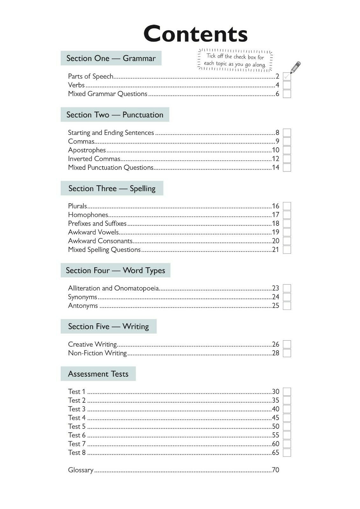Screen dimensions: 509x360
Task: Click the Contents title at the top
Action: (x=195, y=34)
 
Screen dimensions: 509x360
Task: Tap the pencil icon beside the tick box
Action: (x=296, y=67)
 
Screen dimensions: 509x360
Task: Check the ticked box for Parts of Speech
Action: (x=287, y=76)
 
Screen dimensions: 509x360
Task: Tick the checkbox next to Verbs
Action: (x=287, y=85)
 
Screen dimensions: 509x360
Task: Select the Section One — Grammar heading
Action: (x=111, y=58)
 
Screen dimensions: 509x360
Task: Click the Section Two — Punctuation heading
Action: (x=115, y=115)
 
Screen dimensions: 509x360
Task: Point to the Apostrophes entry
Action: (x=87, y=150)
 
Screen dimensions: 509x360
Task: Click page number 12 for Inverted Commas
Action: (x=275, y=159)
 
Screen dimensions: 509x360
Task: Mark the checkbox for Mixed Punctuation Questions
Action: (x=287, y=168)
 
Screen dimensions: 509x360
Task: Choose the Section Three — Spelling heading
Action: (x=112, y=188)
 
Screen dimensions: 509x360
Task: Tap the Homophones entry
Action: (x=88, y=215)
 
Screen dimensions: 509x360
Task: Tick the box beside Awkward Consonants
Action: (x=287, y=241)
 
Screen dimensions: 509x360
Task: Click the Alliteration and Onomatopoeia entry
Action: (x=113, y=288)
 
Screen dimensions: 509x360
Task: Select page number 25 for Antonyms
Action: (x=275, y=306)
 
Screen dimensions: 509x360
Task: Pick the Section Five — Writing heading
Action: (x=108, y=326)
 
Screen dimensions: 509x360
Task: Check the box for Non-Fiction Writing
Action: (x=287, y=353)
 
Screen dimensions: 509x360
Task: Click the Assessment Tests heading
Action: (x=98, y=374)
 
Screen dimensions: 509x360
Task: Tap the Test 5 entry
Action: (x=77, y=426)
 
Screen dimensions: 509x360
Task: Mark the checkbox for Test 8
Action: (x=287, y=453)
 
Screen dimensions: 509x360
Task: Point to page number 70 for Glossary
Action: (x=275, y=470)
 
